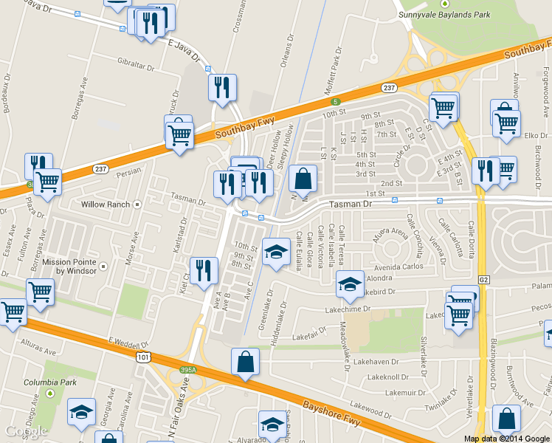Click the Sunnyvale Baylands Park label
point(444,15)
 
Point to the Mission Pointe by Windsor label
point(69,266)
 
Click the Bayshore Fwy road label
point(356,422)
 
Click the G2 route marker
point(484,280)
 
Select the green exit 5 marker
point(335,101)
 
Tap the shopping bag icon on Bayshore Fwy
point(246,362)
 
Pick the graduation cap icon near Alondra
point(350,283)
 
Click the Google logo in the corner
point(26,431)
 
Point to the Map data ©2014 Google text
point(506,439)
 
